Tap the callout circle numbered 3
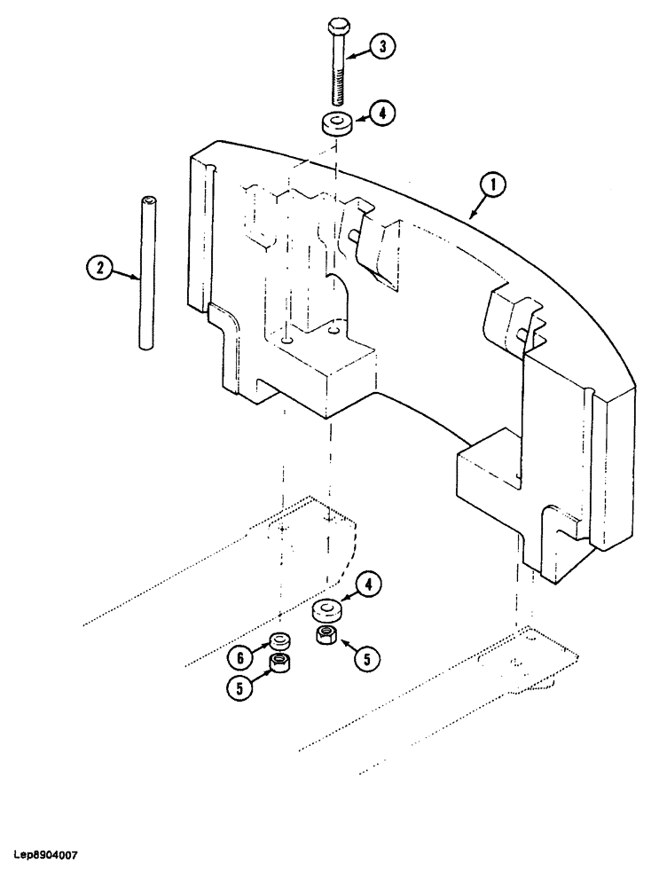[381, 48]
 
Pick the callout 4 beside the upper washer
[381, 114]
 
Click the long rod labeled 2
[145, 274]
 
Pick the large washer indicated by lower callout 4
[327, 612]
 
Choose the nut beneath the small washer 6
[282, 663]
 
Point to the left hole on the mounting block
[288, 337]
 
